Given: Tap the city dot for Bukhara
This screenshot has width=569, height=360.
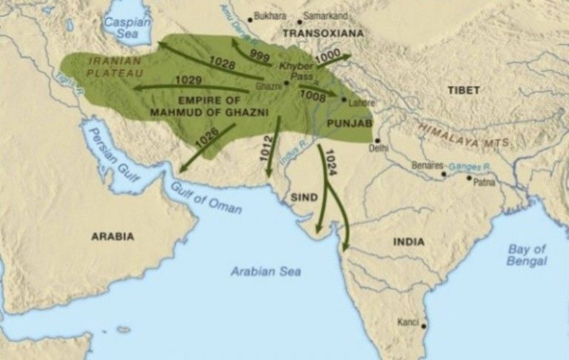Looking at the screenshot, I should tap(250, 16).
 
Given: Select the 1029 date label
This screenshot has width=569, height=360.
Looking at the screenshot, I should tap(189, 80).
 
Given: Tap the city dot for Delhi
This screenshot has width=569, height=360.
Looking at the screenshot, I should tap(377, 139).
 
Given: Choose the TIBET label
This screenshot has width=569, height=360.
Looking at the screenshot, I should tap(464, 90).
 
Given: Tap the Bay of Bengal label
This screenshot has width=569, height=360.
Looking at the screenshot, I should tap(528, 255).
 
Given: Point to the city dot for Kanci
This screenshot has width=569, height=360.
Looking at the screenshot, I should tap(424, 324).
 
